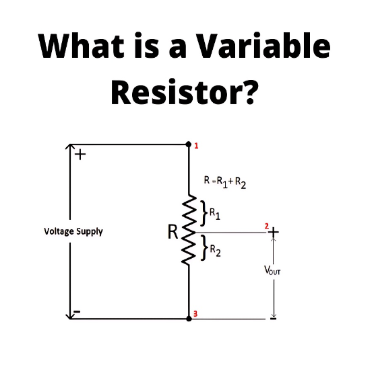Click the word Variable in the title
[x=264, y=46]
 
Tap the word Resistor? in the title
[x=185, y=91]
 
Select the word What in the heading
[x=81, y=46]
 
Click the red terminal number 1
[x=196, y=146]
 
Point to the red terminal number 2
[x=266, y=226]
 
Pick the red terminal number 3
[x=195, y=314]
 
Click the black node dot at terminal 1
[x=189, y=144]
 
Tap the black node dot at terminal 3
[x=189, y=318]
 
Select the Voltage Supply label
[x=73, y=231]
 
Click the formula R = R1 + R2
[x=225, y=181]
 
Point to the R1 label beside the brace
[x=215, y=214]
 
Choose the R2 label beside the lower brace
[x=216, y=251]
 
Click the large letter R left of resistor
[x=173, y=232]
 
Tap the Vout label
[x=272, y=270]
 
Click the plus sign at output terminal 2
[x=274, y=232]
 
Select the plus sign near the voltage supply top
[x=80, y=155]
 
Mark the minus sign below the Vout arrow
[x=273, y=318]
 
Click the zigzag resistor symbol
[x=189, y=230]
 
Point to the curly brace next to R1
[x=203, y=213]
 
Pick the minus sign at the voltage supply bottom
[x=77, y=312]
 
